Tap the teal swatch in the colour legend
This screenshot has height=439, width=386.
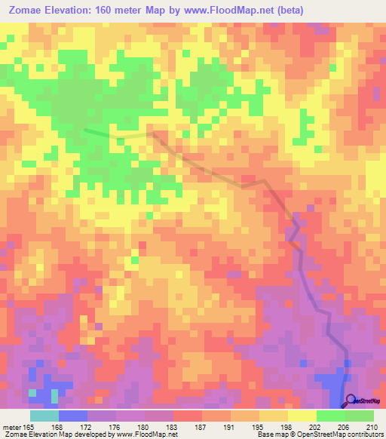coord(44,416)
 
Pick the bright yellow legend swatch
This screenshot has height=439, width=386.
coord(302,416)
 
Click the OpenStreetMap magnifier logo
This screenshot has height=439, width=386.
coord(352,402)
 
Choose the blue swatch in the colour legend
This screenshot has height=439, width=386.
coord(73,416)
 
